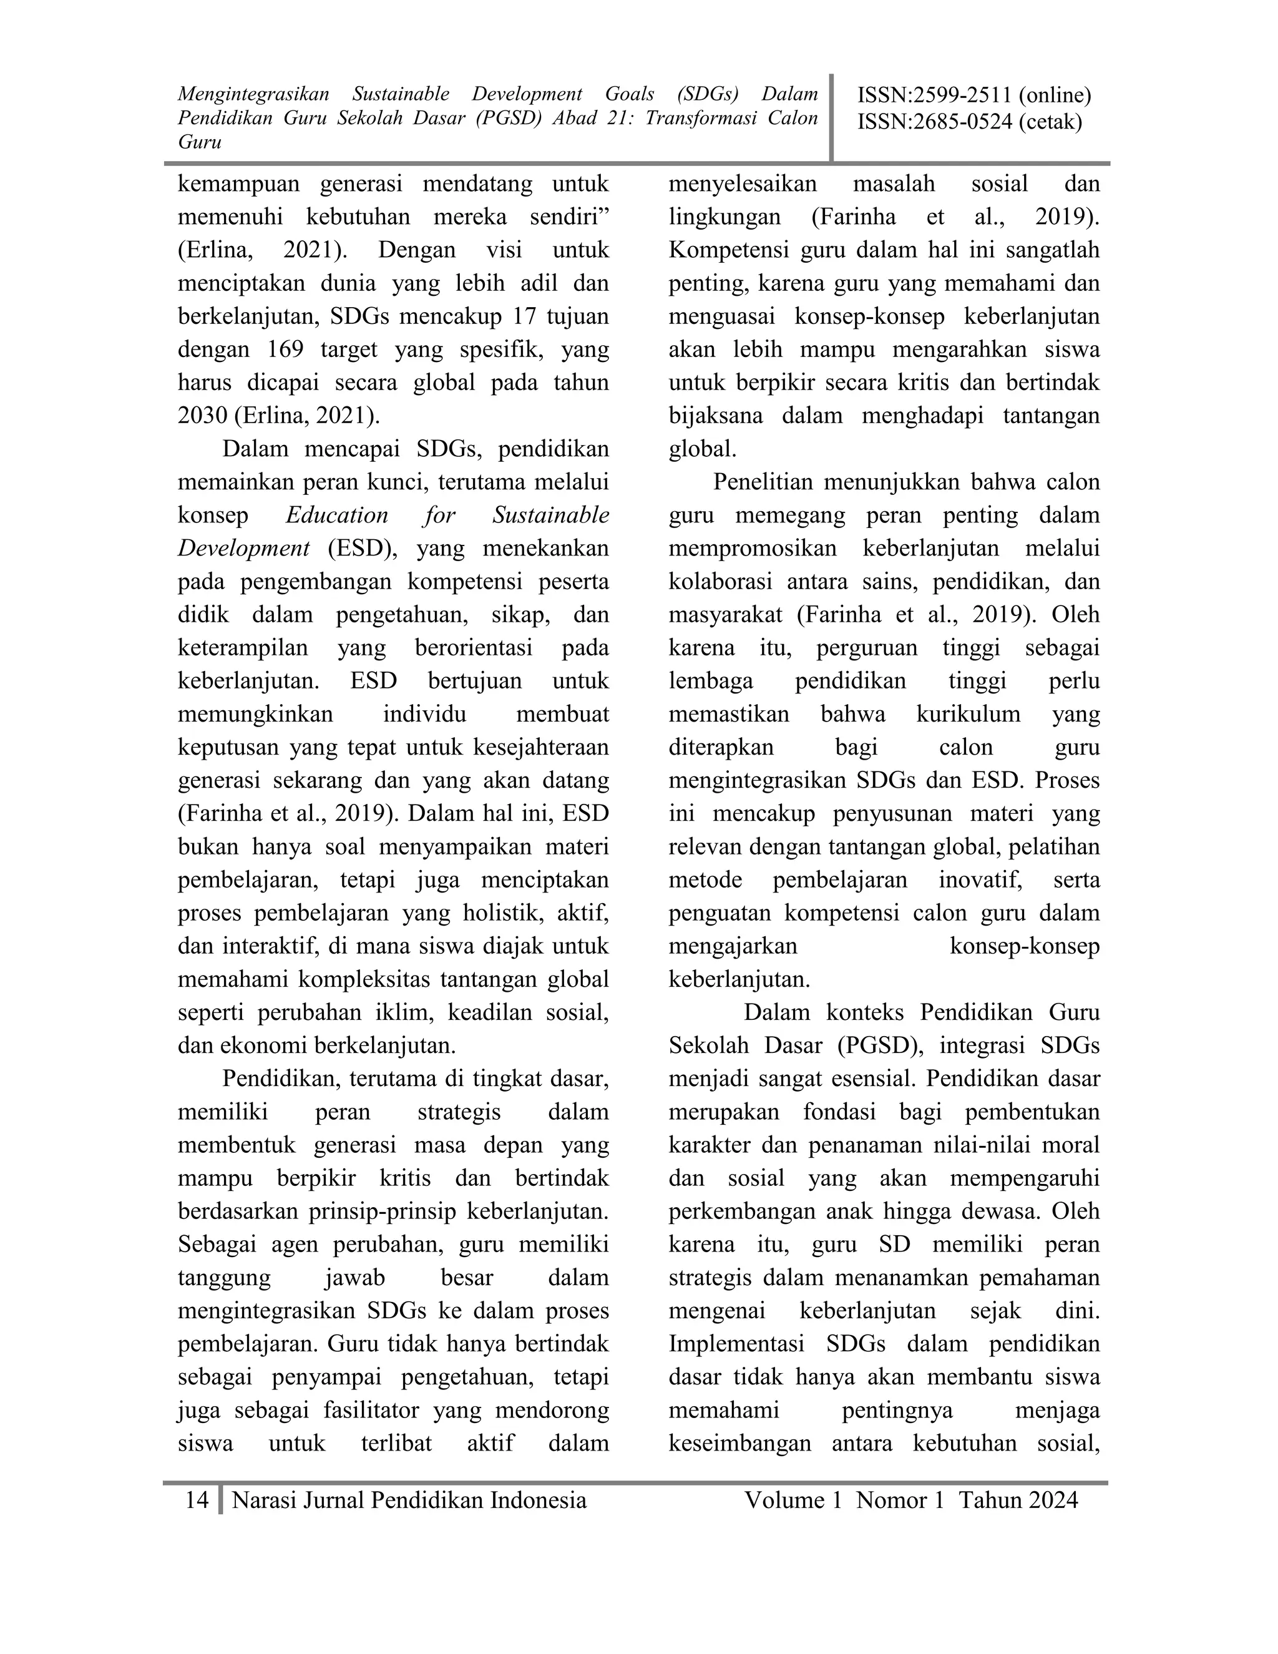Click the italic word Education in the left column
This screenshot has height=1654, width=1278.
coord(337,515)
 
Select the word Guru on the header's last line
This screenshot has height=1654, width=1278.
coord(200,142)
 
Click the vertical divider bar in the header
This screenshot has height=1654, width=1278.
coord(831,117)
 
